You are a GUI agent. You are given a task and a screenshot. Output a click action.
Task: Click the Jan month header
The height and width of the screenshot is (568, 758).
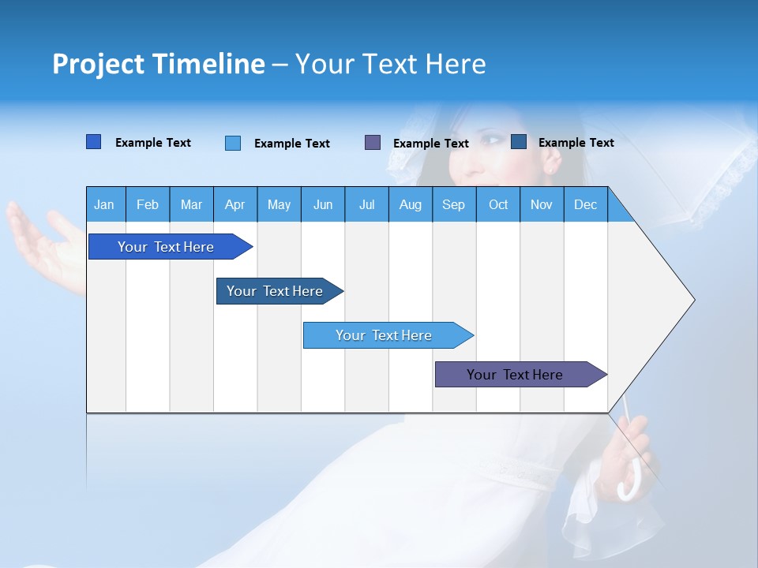pyautogui.click(x=105, y=204)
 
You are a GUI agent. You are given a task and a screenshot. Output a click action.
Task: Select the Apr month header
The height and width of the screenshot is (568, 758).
pyautogui.click(x=235, y=204)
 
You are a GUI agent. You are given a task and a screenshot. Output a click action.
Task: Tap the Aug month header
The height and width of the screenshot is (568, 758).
pyautogui.click(x=411, y=204)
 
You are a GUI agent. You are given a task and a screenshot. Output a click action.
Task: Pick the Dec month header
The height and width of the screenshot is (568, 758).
pyautogui.click(x=586, y=204)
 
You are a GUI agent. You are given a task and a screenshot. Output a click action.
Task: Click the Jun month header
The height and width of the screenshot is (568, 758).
pyautogui.click(x=323, y=204)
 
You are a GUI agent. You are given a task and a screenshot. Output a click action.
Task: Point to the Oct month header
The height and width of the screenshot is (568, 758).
pyautogui.click(x=498, y=204)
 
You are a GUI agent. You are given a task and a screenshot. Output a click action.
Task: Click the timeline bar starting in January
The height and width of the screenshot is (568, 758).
pyautogui.click(x=166, y=247)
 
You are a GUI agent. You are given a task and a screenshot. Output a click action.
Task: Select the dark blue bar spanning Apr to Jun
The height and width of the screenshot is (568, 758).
pyautogui.click(x=275, y=291)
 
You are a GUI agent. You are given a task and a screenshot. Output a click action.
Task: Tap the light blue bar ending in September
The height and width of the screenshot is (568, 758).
pyautogui.click(x=384, y=335)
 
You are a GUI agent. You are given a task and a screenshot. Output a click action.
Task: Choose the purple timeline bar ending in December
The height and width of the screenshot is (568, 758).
pyautogui.click(x=515, y=375)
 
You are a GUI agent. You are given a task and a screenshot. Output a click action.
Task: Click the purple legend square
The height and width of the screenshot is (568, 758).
pyautogui.click(x=373, y=142)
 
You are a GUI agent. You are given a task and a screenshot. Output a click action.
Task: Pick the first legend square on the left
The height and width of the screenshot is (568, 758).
pyautogui.click(x=93, y=142)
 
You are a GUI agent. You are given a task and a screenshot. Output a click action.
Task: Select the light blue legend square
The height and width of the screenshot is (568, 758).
pyautogui.click(x=233, y=143)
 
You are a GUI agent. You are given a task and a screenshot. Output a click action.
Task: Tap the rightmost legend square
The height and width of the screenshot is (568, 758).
pyautogui.click(x=519, y=142)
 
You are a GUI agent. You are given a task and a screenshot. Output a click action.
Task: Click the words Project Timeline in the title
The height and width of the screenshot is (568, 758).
pyautogui.click(x=159, y=64)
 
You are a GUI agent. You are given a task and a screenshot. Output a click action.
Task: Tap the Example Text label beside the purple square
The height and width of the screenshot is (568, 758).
pyautogui.click(x=431, y=144)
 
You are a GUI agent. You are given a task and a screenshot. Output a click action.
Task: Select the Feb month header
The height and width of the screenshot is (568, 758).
pyautogui.click(x=148, y=204)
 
